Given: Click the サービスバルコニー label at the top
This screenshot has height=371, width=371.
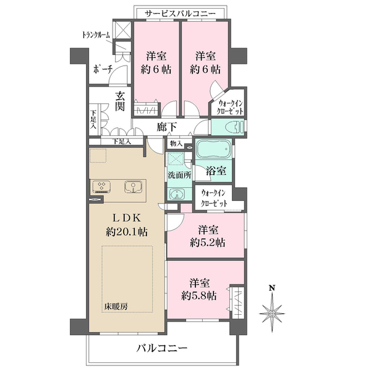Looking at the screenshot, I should tap(181, 12).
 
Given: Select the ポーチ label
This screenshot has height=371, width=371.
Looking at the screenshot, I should tap(102, 69).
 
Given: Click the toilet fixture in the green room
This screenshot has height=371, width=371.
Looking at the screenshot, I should tap(233, 127).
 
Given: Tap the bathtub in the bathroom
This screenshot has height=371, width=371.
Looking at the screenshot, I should tap(213, 151).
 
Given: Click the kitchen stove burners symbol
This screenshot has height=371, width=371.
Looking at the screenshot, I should tap(101, 186).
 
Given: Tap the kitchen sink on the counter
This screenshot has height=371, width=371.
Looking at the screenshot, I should tap(132, 186).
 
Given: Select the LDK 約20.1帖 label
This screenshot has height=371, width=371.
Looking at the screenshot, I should tap(126, 224).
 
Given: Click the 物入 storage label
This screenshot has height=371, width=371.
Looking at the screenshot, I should tap(176, 143).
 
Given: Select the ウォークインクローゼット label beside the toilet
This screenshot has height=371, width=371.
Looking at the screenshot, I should tap(230, 106).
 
